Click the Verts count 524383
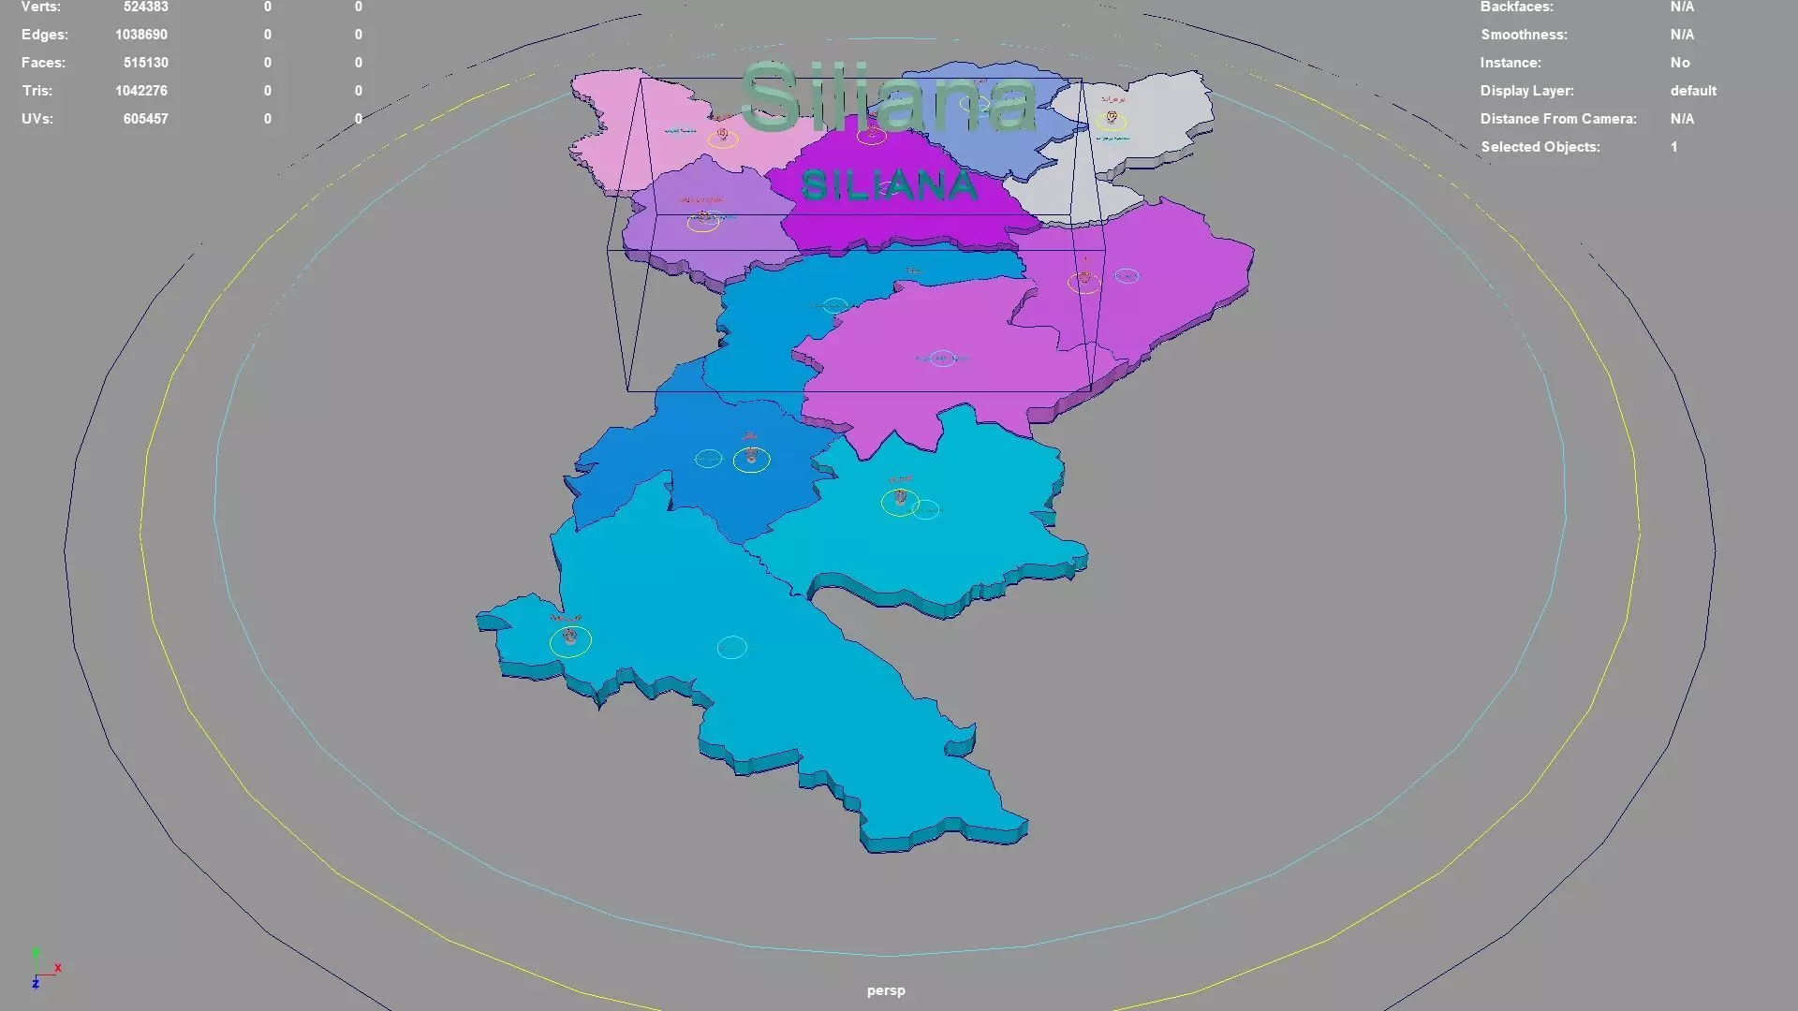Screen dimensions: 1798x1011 pyautogui.click(x=145, y=7)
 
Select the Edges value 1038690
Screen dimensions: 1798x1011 pyautogui.click(x=141, y=35)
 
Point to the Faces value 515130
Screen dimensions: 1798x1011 pyautogui.click(x=145, y=63)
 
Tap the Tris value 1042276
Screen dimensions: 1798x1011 pyautogui.click(x=141, y=91)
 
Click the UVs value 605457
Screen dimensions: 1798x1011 pyautogui.click(x=145, y=119)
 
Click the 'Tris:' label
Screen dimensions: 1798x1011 pyautogui.click(x=37, y=91)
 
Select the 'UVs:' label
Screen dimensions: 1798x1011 pyautogui.click(x=37, y=119)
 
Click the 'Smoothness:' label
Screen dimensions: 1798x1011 pyautogui.click(x=1524, y=35)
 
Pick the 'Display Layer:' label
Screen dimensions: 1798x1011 pyautogui.click(x=1526, y=91)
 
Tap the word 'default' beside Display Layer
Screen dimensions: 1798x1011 pyautogui.click(x=1693, y=91)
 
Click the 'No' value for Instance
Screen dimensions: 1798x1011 pyautogui.click(x=1680, y=63)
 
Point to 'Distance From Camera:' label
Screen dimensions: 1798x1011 pyautogui.click(x=1558, y=119)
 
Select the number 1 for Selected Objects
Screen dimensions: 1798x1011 pyautogui.click(x=1674, y=147)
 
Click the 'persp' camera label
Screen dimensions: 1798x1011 pyautogui.click(x=886, y=990)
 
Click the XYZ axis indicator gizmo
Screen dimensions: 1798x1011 pyautogui.click(x=42, y=970)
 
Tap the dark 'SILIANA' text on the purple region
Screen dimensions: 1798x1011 pyautogui.click(x=889, y=186)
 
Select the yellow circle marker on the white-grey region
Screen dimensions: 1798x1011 pyautogui.click(x=1112, y=120)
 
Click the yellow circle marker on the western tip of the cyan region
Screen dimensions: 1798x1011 pyautogui.click(x=570, y=641)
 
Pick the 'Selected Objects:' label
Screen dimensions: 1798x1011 pyautogui.click(x=1540, y=147)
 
